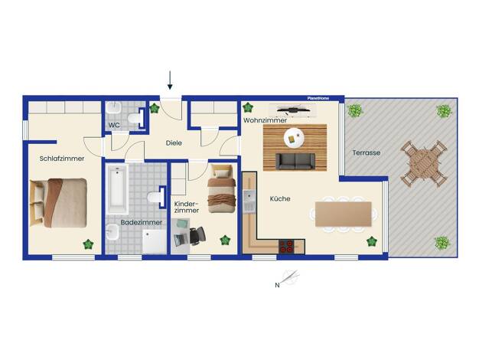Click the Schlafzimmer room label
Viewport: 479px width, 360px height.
click(62, 159)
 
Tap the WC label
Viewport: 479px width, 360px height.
click(114, 125)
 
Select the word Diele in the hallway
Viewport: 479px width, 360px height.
click(174, 142)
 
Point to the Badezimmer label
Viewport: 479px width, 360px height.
click(142, 222)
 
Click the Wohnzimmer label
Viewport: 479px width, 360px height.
click(265, 120)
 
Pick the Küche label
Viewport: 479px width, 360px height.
click(280, 198)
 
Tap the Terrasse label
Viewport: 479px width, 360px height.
click(367, 152)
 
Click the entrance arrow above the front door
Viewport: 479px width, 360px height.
click(170, 80)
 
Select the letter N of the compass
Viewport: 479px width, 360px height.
click(277, 286)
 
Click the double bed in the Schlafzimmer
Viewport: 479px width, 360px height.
click(58, 203)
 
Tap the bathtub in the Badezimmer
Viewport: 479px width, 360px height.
click(117, 188)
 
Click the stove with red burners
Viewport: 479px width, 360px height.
click(287, 246)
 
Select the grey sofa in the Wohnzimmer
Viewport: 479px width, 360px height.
click(295, 162)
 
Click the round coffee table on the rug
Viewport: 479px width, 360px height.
click(294, 138)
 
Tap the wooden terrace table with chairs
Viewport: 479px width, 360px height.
click(424, 164)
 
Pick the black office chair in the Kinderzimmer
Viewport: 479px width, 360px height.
click(197, 236)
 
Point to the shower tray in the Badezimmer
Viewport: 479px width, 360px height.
click(155, 241)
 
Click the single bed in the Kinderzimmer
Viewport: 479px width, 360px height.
click(221, 188)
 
